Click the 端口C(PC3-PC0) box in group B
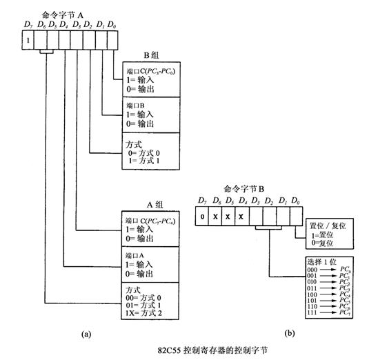[152, 81]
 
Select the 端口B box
[152, 114]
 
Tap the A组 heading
[152, 204]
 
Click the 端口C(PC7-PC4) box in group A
[152, 228]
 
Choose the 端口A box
[152, 261]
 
